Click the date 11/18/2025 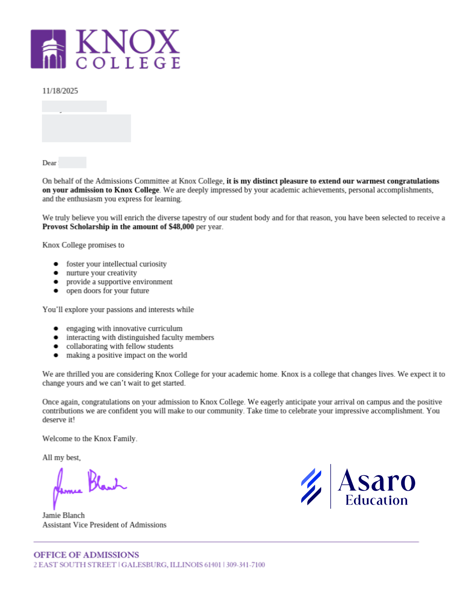(60, 91)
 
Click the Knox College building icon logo (48, 49)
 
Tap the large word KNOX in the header (127, 41)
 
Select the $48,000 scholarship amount (181, 227)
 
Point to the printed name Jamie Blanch (63, 515)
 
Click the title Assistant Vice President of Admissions (104, 525)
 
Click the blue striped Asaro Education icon (311, 487)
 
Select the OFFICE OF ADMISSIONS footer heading (86, 555)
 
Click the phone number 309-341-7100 (246, 565)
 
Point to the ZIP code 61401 (212, 565)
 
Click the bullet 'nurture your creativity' (102, 273)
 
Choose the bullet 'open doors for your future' (108, 291)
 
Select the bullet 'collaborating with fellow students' (120, 346)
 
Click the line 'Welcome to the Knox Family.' (90, 439)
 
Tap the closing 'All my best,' (62, 457)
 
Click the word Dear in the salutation (49, 163)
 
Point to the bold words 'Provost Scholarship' (76, 227)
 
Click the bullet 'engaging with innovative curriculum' (124, 328)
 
